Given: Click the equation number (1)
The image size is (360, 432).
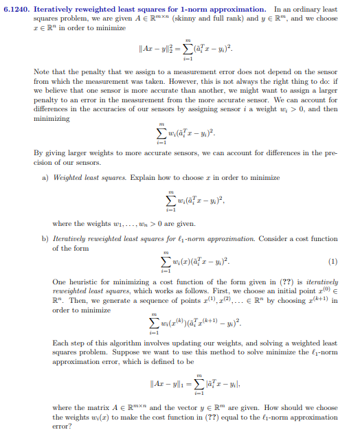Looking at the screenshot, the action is (x=334, y=261).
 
